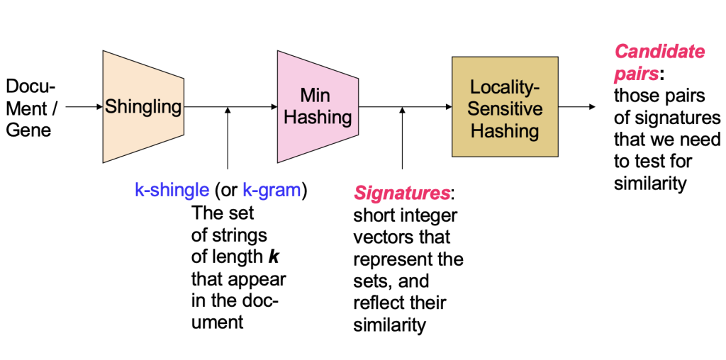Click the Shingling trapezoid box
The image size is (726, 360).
coord(143,107)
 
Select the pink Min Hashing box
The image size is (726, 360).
coord(317,107)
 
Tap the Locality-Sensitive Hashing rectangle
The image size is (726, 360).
coord(505,108)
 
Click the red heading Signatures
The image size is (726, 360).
coord(401,193)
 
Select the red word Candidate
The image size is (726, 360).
coord(659,52)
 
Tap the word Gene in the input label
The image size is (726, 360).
coord(28,130)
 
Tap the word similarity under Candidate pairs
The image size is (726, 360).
coord(650,184)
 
